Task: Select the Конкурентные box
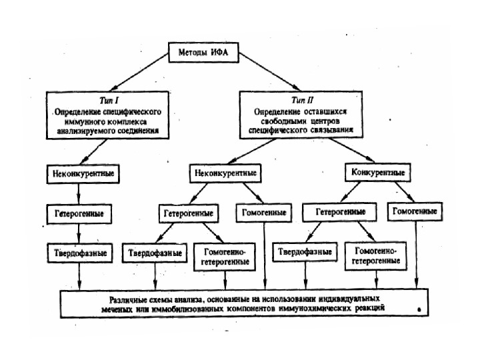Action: pyautogui.click(x=377, y=173)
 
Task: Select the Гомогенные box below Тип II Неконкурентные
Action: pyautogui.click(x=263, y=213)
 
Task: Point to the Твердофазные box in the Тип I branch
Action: pyautogui.click(x=80, y=253)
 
